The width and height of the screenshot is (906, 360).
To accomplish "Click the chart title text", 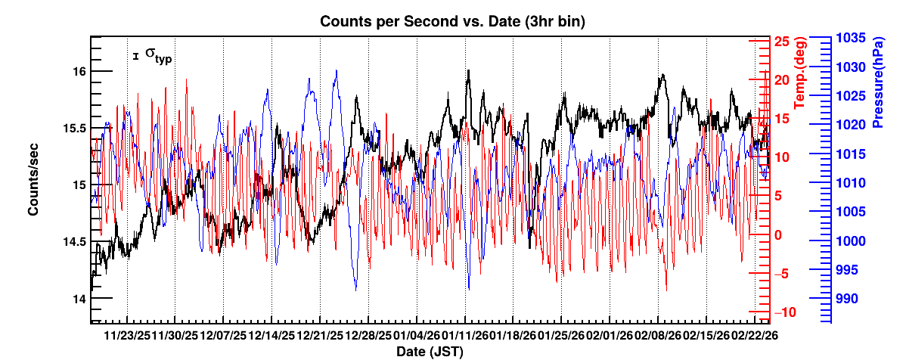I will [x=452, y=22].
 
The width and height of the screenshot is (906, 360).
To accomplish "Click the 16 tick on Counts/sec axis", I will [x=79, y=71].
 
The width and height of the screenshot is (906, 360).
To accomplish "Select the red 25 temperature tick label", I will [x=781, y=42].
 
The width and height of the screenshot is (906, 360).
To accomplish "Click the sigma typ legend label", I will [x=158, y=56].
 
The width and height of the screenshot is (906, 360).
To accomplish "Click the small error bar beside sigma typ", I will [x=135, y=55].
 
